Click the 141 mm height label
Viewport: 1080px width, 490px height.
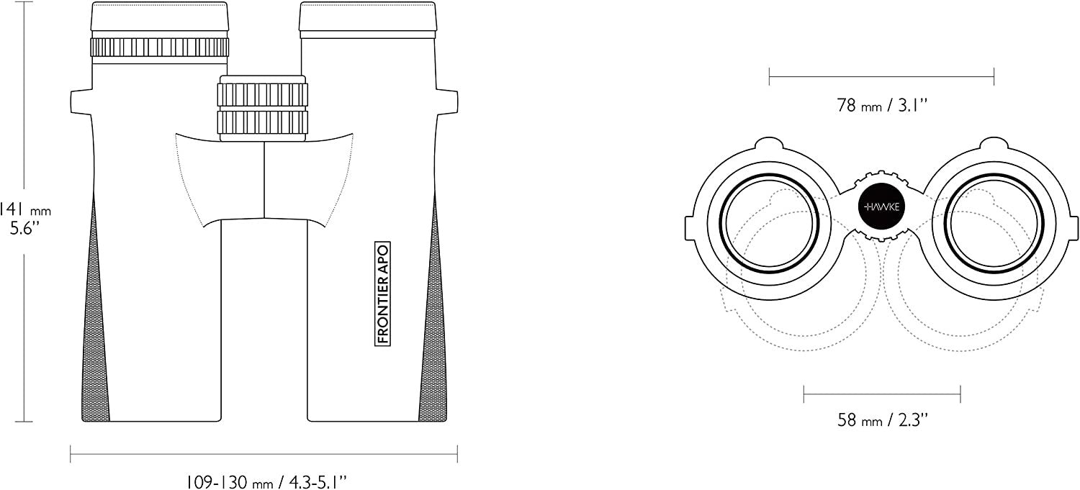point(25,209)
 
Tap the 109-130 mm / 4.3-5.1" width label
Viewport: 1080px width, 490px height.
point(266,482)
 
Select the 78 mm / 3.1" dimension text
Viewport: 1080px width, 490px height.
point(882,105)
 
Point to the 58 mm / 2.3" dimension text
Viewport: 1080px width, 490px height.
point(882,420)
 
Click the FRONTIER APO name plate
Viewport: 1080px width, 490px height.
point(382,294)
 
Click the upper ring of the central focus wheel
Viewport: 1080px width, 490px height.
point(263,94)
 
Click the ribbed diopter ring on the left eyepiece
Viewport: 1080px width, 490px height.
point(159,47)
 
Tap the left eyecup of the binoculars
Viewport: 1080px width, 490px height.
point(159,17)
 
